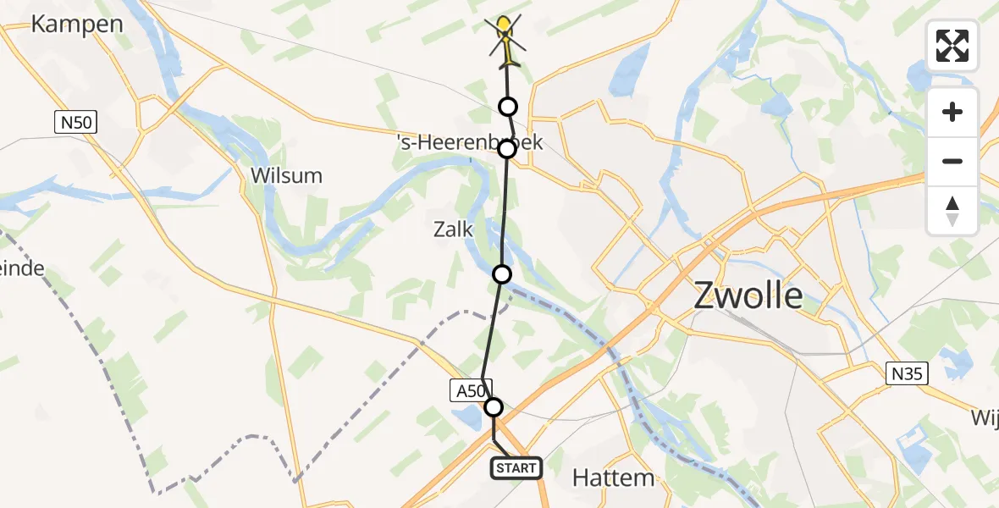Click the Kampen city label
(x=77, y=24)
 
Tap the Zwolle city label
(x=748, y=296)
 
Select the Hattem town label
(x=613, y=478)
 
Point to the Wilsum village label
(x=286, y=176)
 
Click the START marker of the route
(x=516, y=468)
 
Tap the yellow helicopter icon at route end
(x=505, y=38)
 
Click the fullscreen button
(x=952, y=46)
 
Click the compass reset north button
(x=952, y=210)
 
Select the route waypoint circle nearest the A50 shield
(x=494, y=407)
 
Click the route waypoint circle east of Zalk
(x=502, y=273)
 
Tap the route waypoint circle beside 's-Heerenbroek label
(x=506, y=149)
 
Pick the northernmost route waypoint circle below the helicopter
(x=508, y=106)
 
